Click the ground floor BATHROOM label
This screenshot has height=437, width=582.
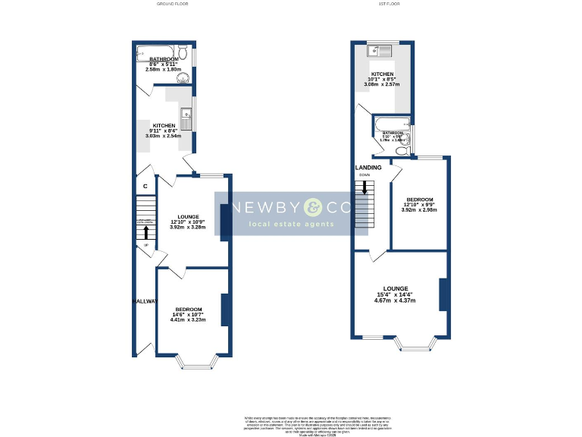click(163, 59)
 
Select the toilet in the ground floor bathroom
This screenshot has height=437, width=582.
click(183, 77)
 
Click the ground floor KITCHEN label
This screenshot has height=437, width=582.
click(164, 126)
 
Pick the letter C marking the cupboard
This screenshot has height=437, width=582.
click(145, 186)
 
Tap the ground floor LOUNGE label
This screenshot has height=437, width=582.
click(187, 215)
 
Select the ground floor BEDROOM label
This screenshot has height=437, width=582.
click(189, 310)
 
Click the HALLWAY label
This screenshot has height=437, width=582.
click(145, 301)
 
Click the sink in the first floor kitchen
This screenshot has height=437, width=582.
click(376, 52)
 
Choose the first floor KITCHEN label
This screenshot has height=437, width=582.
click(382, 74)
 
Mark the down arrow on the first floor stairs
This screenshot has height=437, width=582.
click(365, 187)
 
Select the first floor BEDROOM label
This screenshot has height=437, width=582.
click(419, 200)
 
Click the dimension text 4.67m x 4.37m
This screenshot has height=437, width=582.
click(405, 301)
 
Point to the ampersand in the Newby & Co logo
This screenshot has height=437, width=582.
click(314, 207)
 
